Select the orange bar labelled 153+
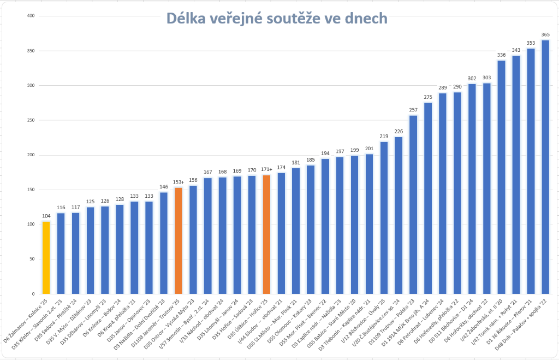tap(178, 241)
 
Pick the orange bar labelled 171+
tap(266, 235)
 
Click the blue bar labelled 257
tap(413, 205)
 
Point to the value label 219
tap(384, 136)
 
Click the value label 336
tap(501, 55)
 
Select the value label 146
tap(163, 187)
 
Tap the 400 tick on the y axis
tap(31, 16)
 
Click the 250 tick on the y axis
tap(31, 120)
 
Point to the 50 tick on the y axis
tap(32, 259)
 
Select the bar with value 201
tap(369, 224)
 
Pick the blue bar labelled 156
tap(193, 240)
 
